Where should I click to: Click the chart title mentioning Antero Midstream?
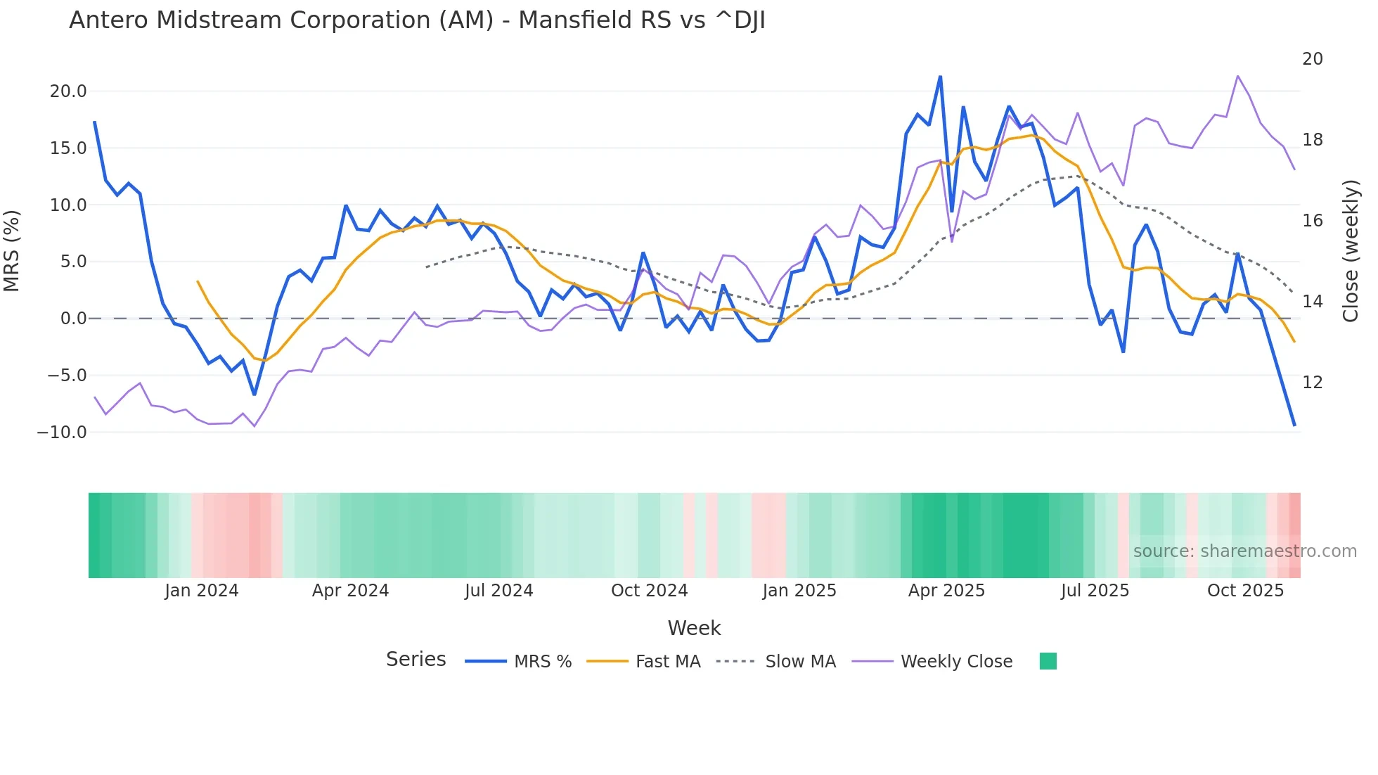417,20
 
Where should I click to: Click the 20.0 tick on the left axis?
68,91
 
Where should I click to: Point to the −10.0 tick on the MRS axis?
62,433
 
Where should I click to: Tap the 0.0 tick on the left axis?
73,319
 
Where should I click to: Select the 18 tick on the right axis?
1312,140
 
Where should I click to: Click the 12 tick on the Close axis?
1312,383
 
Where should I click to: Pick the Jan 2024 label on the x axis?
202,591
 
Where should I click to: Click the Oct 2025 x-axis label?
1245,591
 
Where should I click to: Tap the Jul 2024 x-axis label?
498,591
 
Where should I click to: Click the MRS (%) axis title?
12,251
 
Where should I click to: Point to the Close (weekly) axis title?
1351,251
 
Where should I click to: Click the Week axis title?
694,628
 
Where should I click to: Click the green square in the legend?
1048,662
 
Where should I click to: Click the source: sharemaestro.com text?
1244,551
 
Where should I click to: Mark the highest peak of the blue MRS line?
940,77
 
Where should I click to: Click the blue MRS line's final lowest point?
1294,425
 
